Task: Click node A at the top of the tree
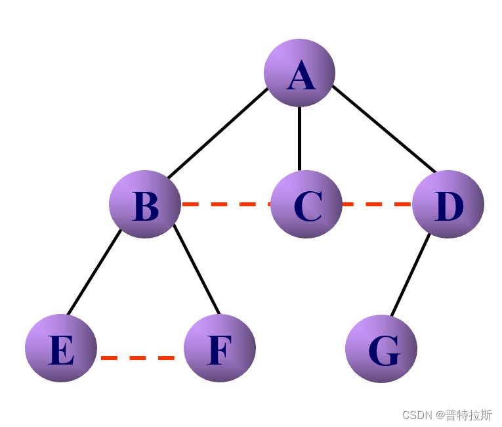pos(299,72)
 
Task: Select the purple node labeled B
pos(145,204)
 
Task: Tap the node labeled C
pos(306,204)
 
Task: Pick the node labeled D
pos(448,204)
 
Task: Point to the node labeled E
pos(61,348)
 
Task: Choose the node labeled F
pos(220,348)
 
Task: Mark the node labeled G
pos(381,348)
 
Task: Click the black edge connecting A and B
pos(218,132)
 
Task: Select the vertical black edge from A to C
pos(299,138)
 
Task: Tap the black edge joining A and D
pos(384,129)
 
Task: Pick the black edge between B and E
pos(94,272)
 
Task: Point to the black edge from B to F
pos(196,271)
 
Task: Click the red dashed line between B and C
pos(225,204)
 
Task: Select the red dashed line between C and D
pos(377,204)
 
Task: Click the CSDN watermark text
pos(447,415)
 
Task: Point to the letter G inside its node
pos(383,350)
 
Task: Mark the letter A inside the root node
pos(301,76)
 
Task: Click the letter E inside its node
pos(61,350)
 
